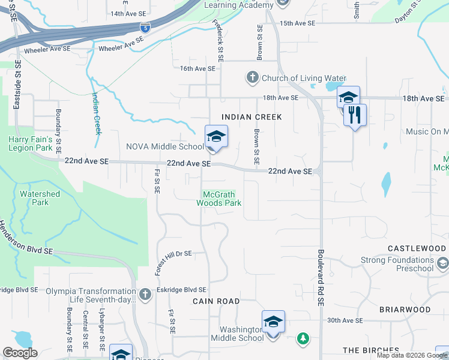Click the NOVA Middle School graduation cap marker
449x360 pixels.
pyautogui.click(x=216, y=136)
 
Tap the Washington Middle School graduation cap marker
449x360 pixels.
pyautogui.click(x=273, y=322)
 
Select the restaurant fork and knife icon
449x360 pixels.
pyautogui.click(x=355, y=114)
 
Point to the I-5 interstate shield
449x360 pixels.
pyautogui.click(x=145, y=27)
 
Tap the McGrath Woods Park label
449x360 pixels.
pyautogui.click(x=219, y=199)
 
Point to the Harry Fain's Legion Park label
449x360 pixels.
pyautogui.click(x=31, y=143)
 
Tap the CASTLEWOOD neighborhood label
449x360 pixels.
pyautogui.click(x=417, y=248)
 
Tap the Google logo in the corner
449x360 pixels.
pyautogui.click(x=20, y=353)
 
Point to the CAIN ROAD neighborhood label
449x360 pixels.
pyautogui.click(x=216, y=301)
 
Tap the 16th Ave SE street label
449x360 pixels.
pyautogui.click(x=197, y=69)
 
